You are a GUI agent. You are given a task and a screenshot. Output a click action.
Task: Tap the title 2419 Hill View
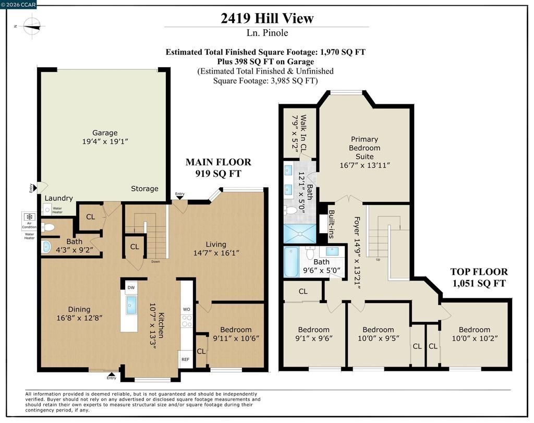click(x=266, y=18)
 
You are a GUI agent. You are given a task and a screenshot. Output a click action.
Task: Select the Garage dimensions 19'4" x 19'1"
click(x=105, y=141)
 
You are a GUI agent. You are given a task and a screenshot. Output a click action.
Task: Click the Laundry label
click(x=58, y=198)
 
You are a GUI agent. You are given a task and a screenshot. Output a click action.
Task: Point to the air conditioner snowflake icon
click(x=30, y=217)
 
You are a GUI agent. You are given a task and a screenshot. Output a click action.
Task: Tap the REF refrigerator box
click(x=185, y=359)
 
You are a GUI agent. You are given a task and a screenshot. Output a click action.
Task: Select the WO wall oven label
click(x=186, y=309)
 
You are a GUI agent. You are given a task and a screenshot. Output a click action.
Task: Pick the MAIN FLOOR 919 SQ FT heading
click(x=218, y=167)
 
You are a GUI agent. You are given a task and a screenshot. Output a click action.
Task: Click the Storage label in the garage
click(x=144, y=188)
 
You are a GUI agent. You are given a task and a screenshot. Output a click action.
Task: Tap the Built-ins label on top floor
click(x=331, y=224)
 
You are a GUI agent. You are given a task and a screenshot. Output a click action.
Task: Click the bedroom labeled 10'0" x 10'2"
click(x=474, y=334)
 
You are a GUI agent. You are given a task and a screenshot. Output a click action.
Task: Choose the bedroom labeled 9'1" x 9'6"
click(x=313, y=334)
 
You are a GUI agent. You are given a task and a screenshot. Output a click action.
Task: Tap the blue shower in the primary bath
click(x=299, y=233)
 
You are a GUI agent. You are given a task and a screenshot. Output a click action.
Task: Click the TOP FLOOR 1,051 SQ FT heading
click(x=478, y=277)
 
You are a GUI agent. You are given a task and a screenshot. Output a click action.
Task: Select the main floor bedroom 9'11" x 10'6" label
click(x=236, y=334)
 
